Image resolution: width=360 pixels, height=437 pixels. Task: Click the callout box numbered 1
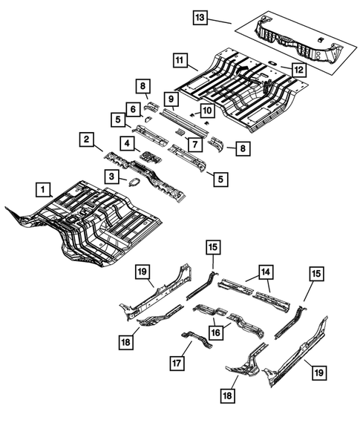[43, 189]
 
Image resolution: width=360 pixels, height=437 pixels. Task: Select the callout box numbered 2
[87, 139]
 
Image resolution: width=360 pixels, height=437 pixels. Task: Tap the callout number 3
[111, 176]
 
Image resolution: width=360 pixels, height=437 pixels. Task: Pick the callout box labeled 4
[128, 142]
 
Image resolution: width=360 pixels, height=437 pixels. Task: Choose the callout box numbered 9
[170, 99]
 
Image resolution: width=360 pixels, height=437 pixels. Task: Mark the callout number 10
[207, 111]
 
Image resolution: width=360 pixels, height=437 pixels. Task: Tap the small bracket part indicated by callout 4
[151, 157]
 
